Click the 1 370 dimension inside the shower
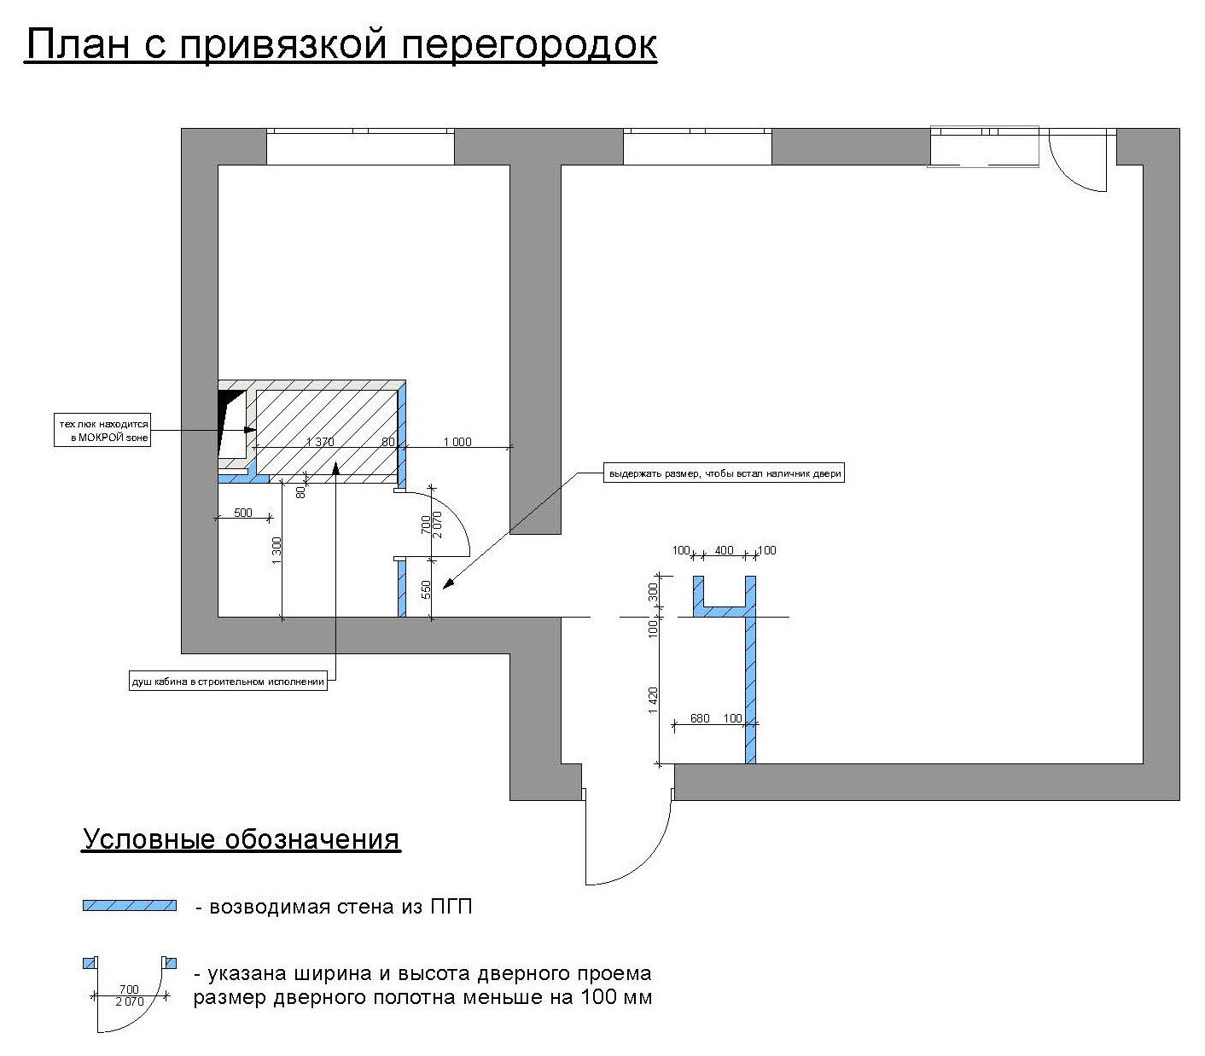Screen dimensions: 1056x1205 point(320,442)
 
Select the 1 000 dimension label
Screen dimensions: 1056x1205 point(457,442)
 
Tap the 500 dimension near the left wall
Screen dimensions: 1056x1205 point(243,513)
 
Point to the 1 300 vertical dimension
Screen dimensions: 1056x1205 point(277,551)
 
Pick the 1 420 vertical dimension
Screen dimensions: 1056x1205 point(654,699)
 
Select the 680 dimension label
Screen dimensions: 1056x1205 point(699,718)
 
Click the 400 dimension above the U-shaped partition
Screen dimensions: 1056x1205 point(724,550)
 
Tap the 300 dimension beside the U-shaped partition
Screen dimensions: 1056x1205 point(654,591)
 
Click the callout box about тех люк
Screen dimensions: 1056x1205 point(103,431)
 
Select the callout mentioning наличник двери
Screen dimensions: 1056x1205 point(723,473)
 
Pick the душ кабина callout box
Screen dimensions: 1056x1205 point(227,682)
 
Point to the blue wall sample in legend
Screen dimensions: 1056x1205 point(130,906)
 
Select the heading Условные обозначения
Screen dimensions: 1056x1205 point(242,839)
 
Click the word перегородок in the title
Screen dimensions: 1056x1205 point(529,44)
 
